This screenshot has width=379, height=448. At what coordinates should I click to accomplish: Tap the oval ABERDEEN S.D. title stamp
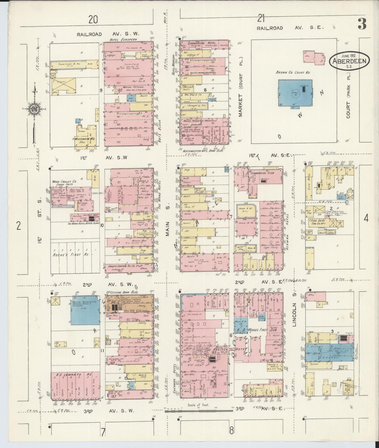(350, 61)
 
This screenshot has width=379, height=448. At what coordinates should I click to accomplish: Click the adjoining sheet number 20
(94, 20)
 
